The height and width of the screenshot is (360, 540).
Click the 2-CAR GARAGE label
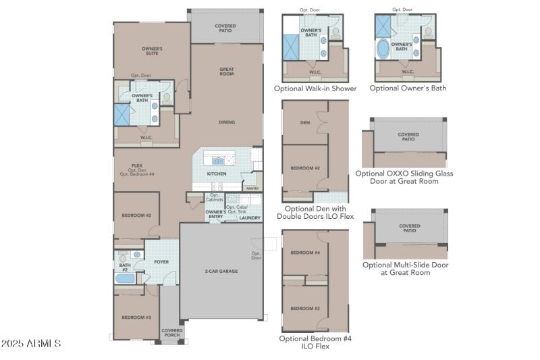pyautogui.click(x=221, y=270)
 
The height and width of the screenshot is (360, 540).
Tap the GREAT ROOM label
pyautogui.click(x=226, y=71)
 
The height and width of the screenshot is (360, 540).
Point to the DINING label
pyautogui.click(x=226, y=122)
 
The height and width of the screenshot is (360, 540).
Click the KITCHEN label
pyautogui.click(x=216, y=174)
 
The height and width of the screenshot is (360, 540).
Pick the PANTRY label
pyautogui.click(x=252, y=188)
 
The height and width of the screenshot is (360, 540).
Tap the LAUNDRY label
pyautogui.click(x=250, y=217)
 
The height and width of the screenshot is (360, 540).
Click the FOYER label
pyautogui.click(x=161, y=261)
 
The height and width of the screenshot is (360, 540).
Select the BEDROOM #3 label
pyautogui.click(x=136, y=317)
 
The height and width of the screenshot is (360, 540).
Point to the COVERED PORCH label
pyautogui.click(x=171, y=332)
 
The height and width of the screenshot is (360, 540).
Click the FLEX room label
pyautogui.click(x=137, y=165)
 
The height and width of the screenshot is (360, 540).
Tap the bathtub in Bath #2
pyautogui.click(x=126, y=279)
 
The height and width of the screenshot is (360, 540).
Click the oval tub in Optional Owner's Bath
pyautogui.click(x=383, y=49)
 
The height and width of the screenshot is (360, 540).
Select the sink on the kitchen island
pyautogui.click(x=219, y=161)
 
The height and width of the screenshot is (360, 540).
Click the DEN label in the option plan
pyautogui.click(x=305, y=122)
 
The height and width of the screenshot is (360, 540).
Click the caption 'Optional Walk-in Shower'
pyautogui.click(x=315, y=88)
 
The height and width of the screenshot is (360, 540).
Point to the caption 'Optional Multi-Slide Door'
pyautogui.click(x=405, y=264)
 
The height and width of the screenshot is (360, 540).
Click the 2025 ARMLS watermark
pyautogui.click(x=32, y=344)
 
